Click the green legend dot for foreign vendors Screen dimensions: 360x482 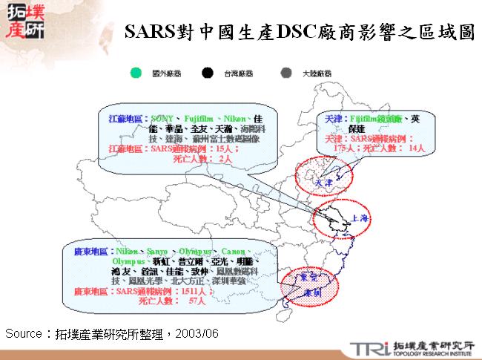135,73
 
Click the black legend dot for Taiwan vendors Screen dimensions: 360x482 207,73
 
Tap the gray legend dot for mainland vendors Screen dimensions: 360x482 285,73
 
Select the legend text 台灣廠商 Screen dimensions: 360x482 238,73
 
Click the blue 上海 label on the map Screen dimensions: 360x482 360,218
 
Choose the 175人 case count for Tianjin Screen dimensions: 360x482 345,148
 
